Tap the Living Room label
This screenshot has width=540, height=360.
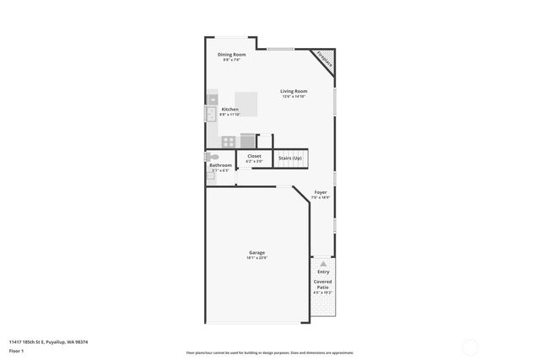point(294,91)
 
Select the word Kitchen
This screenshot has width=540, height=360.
point(229,110)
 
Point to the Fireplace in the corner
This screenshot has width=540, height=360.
point(325,59)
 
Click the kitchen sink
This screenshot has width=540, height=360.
point(211,113)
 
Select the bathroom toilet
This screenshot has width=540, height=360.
point(213,157)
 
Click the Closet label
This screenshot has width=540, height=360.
point(254,156)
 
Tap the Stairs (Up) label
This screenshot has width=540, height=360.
point(290,158)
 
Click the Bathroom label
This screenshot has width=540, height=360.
point(220,165)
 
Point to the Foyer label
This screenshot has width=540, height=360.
point(321,192)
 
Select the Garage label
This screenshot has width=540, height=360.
point(257,253)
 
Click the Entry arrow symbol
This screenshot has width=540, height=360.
point(323,262)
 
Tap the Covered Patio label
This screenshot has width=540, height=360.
point(323,284)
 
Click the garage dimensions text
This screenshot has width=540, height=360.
point(257,258)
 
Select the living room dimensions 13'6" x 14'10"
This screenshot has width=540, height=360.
point(294,96)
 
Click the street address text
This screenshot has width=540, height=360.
point(49,341)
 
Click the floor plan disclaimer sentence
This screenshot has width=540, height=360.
point(269,352)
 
